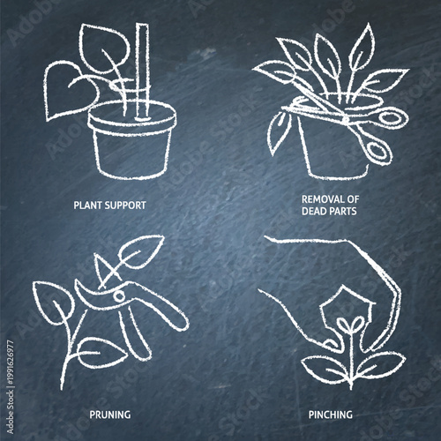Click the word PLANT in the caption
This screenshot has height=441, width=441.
point(89,205)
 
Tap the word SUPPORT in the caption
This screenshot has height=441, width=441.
point(125,205)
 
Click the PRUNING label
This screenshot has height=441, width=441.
point(110,413)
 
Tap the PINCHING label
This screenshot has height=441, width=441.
point(331,413)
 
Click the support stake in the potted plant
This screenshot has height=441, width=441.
point(140,71)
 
